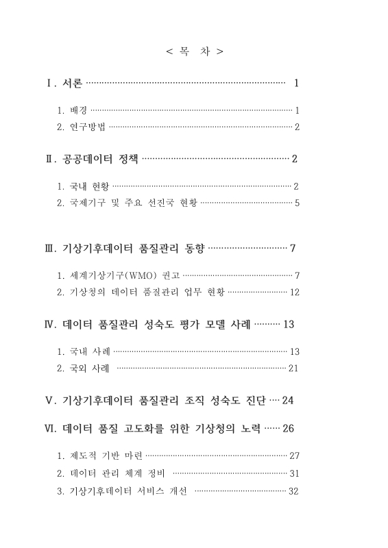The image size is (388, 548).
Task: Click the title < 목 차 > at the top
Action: (194, 51)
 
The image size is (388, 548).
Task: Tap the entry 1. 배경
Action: (72, 110)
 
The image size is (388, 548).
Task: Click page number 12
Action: (295, 292)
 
